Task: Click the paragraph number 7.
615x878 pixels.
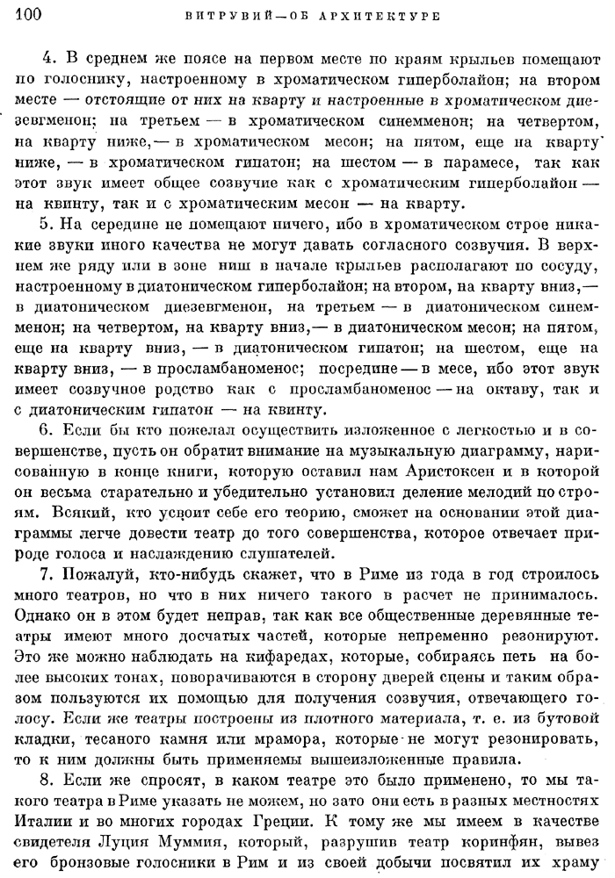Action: click(x=48, y=575)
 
